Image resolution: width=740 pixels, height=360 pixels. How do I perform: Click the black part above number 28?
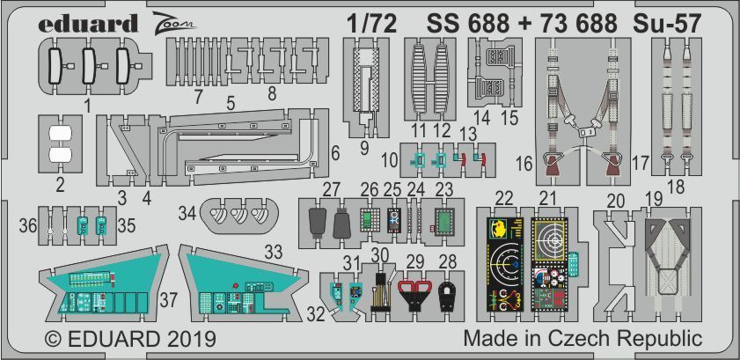tap(447, 296)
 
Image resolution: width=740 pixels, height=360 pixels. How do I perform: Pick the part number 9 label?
tap(364, 148)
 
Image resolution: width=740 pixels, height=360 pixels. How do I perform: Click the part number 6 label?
tap(335, 151)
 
